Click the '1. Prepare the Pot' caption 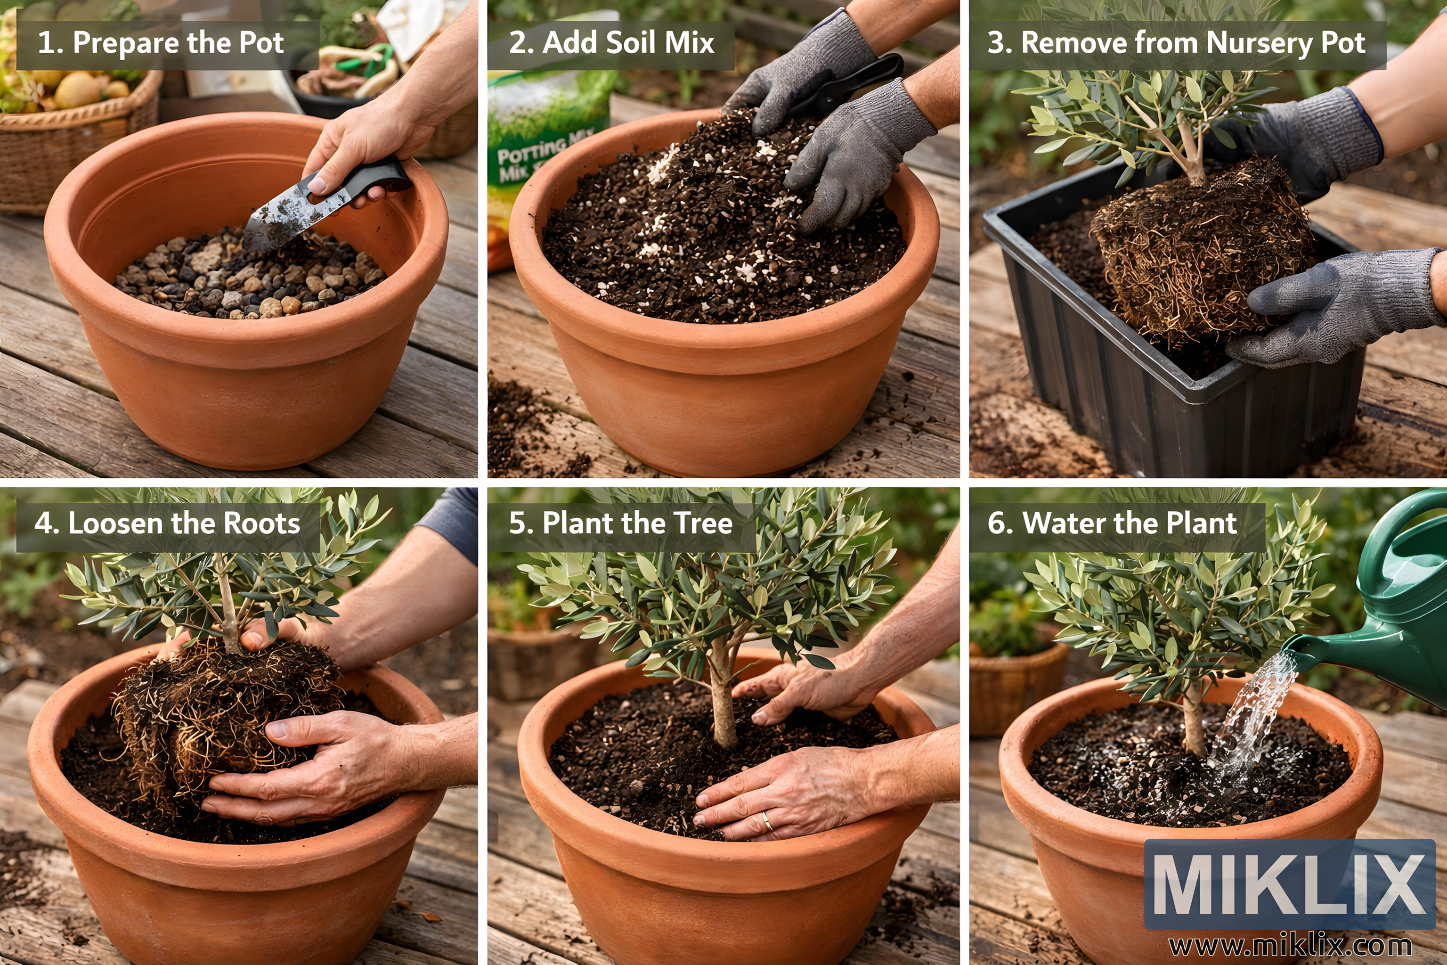161,43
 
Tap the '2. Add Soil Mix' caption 611,43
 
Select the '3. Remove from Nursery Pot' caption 1176,43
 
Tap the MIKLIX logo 1290,884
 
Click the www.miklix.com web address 1290,944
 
